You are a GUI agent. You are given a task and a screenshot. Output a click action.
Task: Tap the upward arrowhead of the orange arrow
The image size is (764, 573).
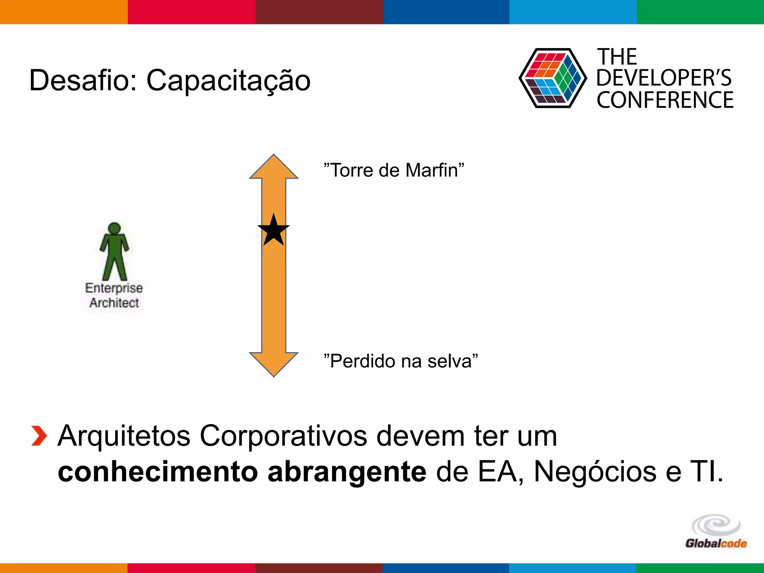pos(273,168)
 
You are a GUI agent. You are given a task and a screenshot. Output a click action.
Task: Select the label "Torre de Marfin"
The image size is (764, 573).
pos(394,170)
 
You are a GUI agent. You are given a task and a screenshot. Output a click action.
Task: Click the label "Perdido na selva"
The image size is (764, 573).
pos(401,361)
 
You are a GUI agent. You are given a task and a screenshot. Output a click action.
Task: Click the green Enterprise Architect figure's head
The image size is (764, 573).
pos(114,228)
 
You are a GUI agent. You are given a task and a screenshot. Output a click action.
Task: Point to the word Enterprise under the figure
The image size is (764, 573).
pos(114,288)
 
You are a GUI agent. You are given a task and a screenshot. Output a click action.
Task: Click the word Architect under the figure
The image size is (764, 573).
pos(114,303)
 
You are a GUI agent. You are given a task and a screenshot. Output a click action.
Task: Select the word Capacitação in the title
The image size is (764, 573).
pos(228,81)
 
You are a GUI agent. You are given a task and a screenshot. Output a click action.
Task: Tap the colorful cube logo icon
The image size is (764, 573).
pos(552,78)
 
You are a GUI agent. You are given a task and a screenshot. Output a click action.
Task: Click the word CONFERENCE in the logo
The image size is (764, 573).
pos(665,100)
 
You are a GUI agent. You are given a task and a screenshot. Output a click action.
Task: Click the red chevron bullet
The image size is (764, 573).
pos(39,436)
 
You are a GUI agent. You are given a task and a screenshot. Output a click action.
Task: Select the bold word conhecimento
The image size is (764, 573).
pos(157,472)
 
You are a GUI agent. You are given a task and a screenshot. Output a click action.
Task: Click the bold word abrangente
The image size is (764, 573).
pos(347,472)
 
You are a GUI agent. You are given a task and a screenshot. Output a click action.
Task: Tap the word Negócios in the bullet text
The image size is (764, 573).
pos(595,472)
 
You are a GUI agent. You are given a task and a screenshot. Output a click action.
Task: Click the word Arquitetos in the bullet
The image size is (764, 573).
pos(124,436)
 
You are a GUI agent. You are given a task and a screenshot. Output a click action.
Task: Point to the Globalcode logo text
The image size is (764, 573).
pos(716,544)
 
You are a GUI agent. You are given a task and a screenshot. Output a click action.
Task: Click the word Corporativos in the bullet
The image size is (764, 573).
pos(284,436)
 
